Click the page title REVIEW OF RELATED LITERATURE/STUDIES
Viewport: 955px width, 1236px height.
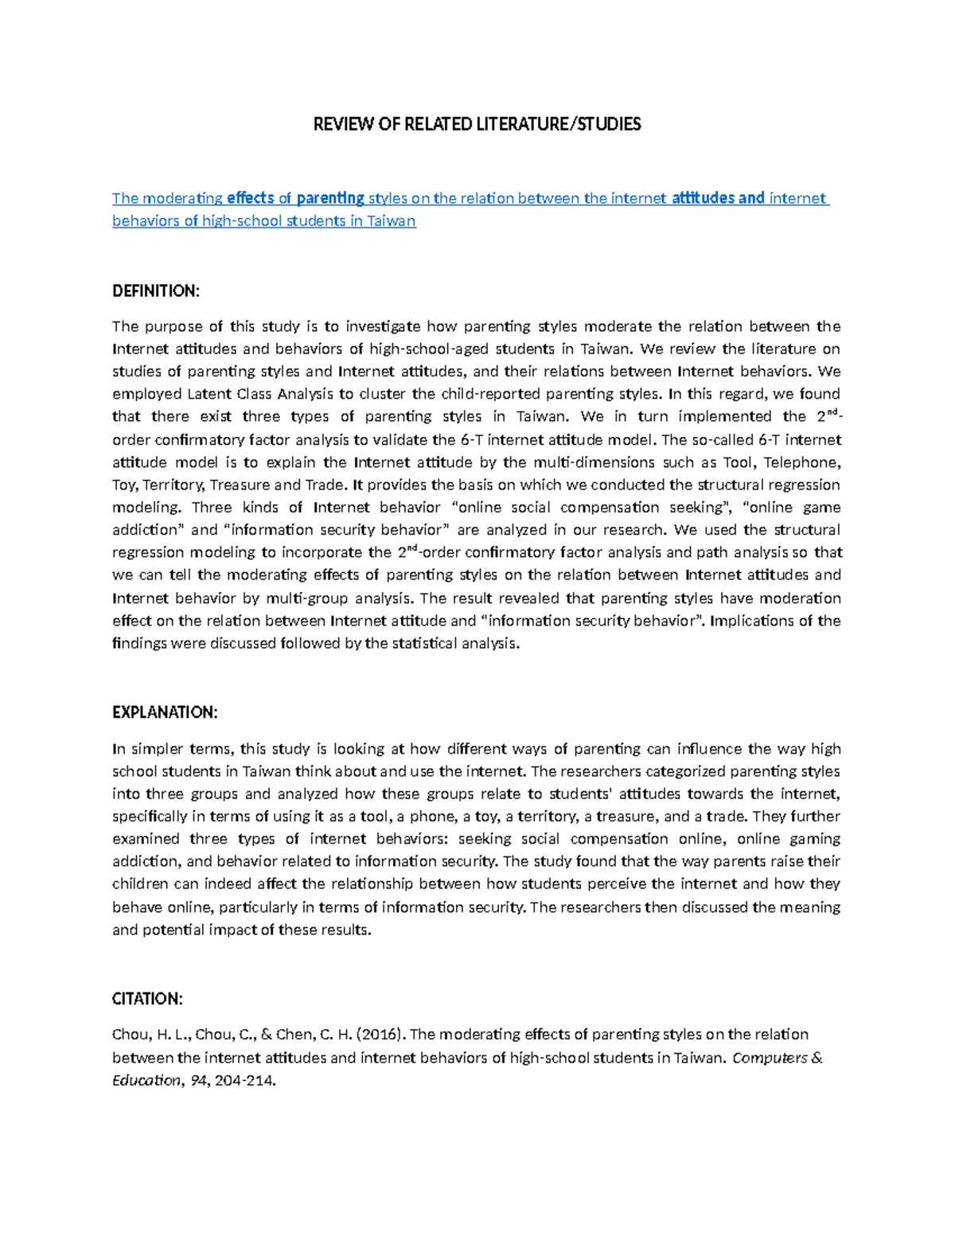pos(477,124)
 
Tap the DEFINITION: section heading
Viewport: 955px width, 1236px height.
pos(155,291)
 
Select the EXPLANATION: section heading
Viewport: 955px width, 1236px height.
pos(165,712)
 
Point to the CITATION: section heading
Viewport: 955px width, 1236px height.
pos(148,999)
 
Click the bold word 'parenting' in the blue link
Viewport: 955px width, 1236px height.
pos(330,198)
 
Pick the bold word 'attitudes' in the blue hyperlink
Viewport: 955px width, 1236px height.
pos(703,198)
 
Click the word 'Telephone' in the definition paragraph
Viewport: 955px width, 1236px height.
pos(805,462)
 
